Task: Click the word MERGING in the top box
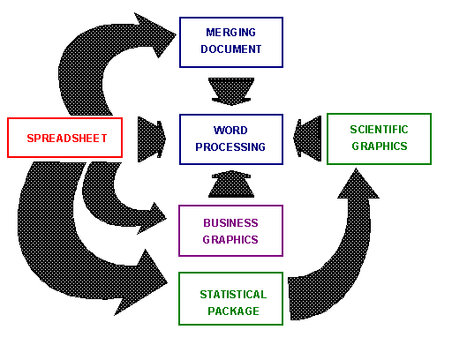[230, 33]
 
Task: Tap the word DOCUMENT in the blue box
[230, 49]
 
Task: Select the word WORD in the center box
[230, 131]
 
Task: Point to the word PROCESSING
[230, 147]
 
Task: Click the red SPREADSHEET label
[67, 139]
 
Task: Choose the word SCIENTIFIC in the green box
[379, 130]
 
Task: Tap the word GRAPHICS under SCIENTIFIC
[379, 146]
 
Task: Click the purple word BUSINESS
[230, 223]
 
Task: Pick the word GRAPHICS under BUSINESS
[230, 240]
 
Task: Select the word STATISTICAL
[233, 295]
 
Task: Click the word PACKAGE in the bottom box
[233, 311]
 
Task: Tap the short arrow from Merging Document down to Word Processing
[231, 92]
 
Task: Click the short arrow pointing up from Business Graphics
[231, 184]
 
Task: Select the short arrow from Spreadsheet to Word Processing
[152, 139]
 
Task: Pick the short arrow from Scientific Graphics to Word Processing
[307, 139]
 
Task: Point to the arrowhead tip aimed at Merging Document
[176, 34]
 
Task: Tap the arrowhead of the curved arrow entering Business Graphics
[154, 218]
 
